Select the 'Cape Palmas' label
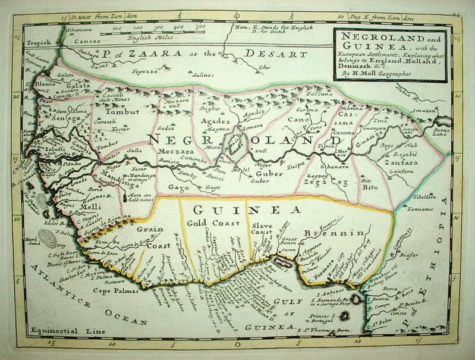click(115, 291)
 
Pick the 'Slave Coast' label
click(262, 229)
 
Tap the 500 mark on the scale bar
click(200, 27)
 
